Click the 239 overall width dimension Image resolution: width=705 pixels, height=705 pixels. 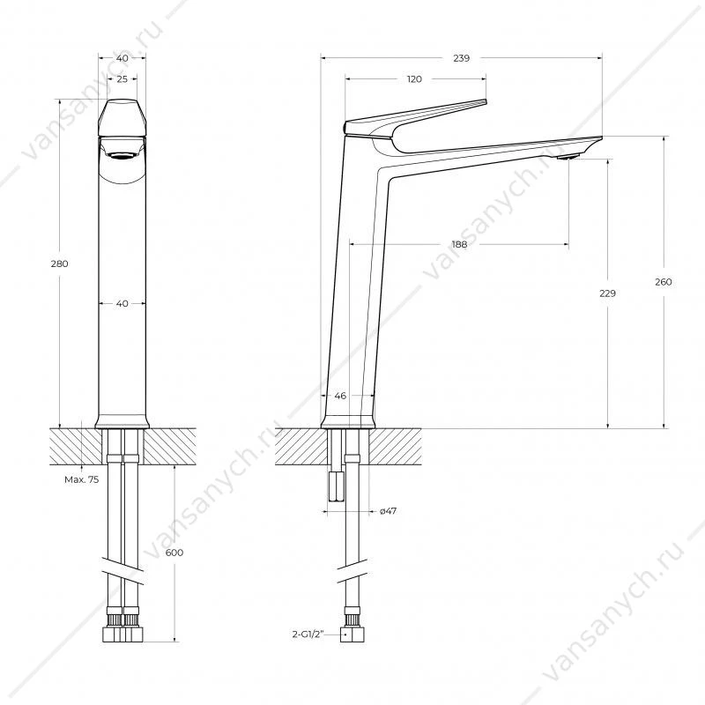(461, 58)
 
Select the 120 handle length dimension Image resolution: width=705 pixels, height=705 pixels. (414, 79)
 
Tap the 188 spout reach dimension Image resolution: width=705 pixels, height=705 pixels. (459, 244)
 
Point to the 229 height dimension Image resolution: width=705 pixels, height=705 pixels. (607, 293)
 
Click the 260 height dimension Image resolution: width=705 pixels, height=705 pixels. (664, 282)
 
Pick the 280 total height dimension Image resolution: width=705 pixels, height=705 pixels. (59, 263)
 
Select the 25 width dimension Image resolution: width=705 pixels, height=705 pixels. (122, 79)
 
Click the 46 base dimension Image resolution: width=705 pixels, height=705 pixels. (340, 396)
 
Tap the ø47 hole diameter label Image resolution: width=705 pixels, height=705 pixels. (388, 511)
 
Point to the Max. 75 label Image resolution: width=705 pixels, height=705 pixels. (81, 479)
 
